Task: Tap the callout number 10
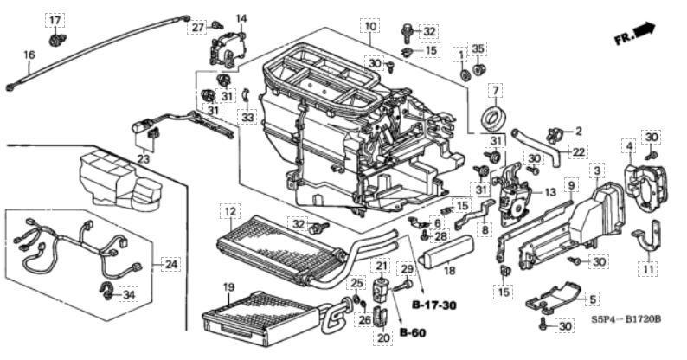coord(370,28)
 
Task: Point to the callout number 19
coord(228,286)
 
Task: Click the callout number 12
coord(228,211)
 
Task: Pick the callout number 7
coord(496,91)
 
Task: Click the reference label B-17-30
coord(433,306)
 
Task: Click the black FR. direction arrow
coord(643,31)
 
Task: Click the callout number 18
coord(448,271)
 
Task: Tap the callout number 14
coord(241,18)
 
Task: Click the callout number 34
coord(130,295)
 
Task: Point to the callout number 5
coord(593,299)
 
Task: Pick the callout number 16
coord(29,55)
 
